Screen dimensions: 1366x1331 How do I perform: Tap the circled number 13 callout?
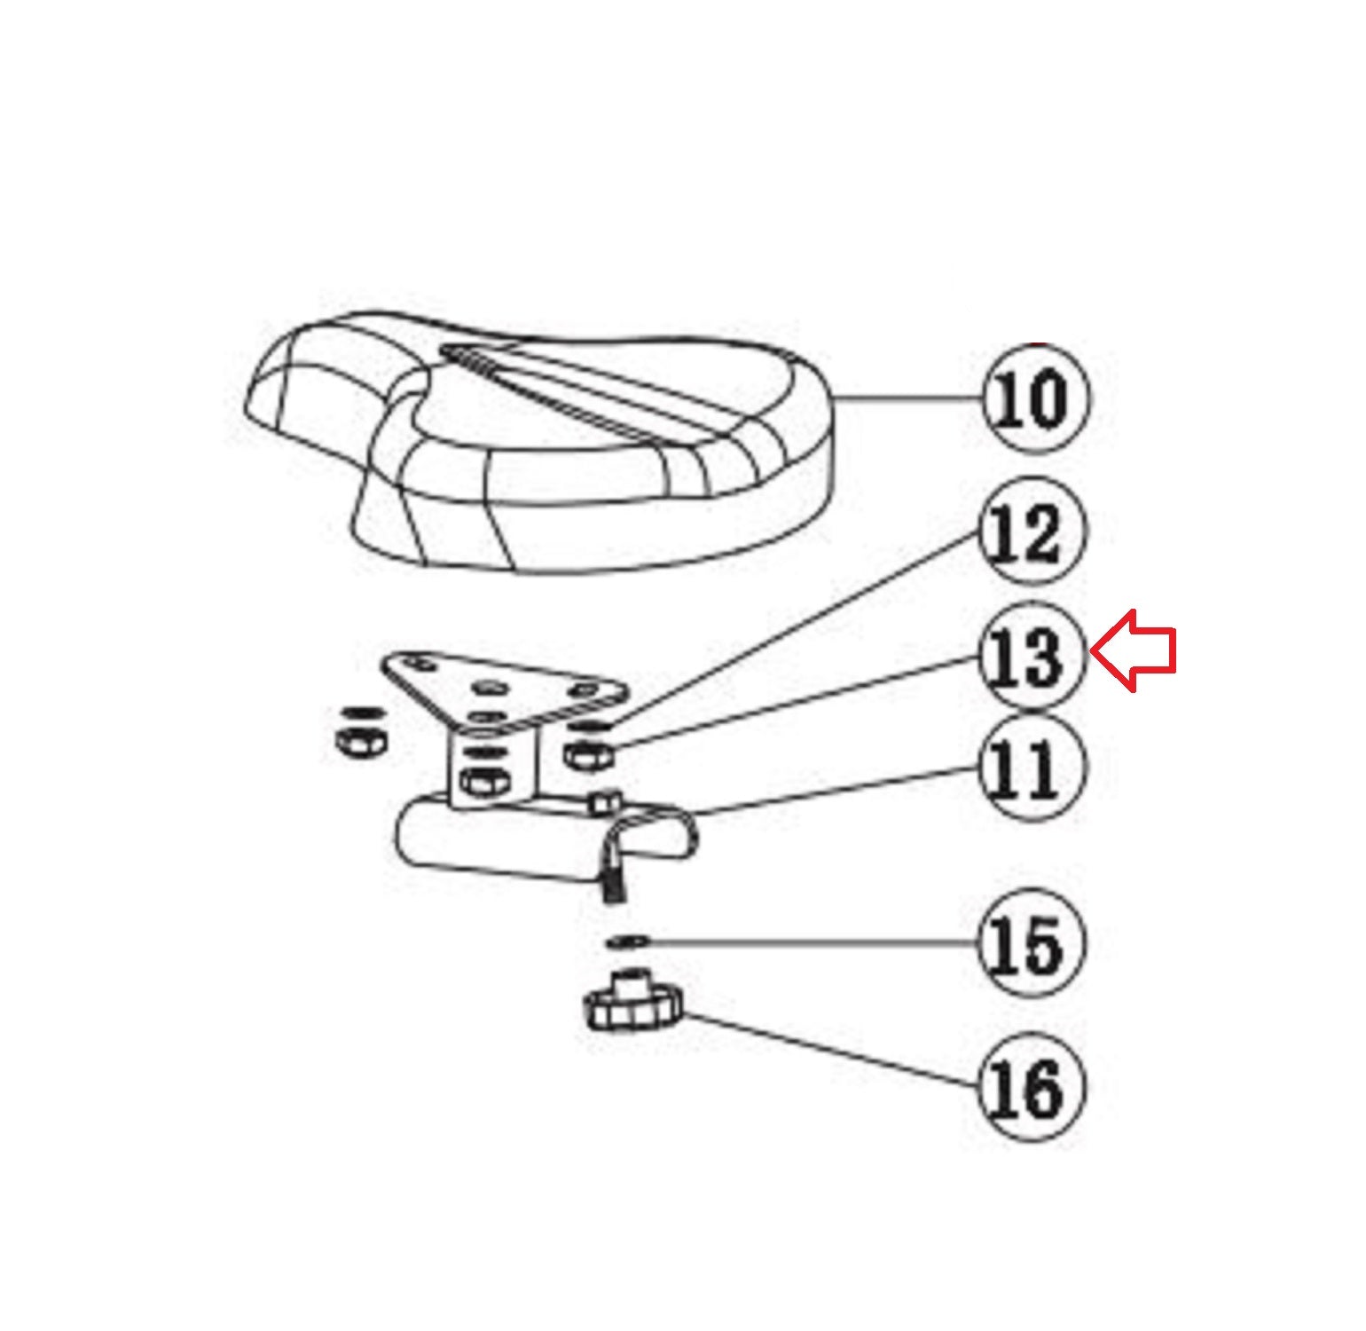coord(1032,657)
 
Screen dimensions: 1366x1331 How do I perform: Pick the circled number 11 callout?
coord(1032,768)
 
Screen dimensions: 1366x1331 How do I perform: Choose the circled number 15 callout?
coord(1032,943)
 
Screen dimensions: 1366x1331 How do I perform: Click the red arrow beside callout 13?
coord(1133,650)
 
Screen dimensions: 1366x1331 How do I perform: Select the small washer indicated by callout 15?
coord(628,940)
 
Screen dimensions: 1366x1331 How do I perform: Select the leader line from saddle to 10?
coord(910,399)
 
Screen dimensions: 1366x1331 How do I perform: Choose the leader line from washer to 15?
coord(814,941)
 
